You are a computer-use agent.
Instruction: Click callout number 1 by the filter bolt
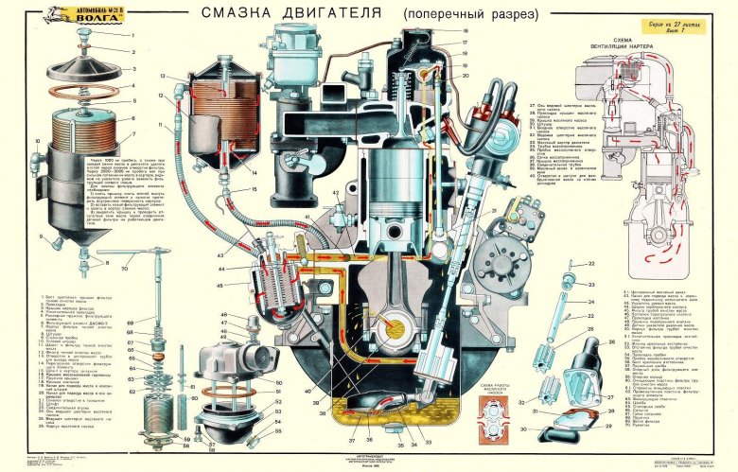click(x=133, y=35)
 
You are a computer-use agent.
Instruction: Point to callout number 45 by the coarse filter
click(x=221, y=283)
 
